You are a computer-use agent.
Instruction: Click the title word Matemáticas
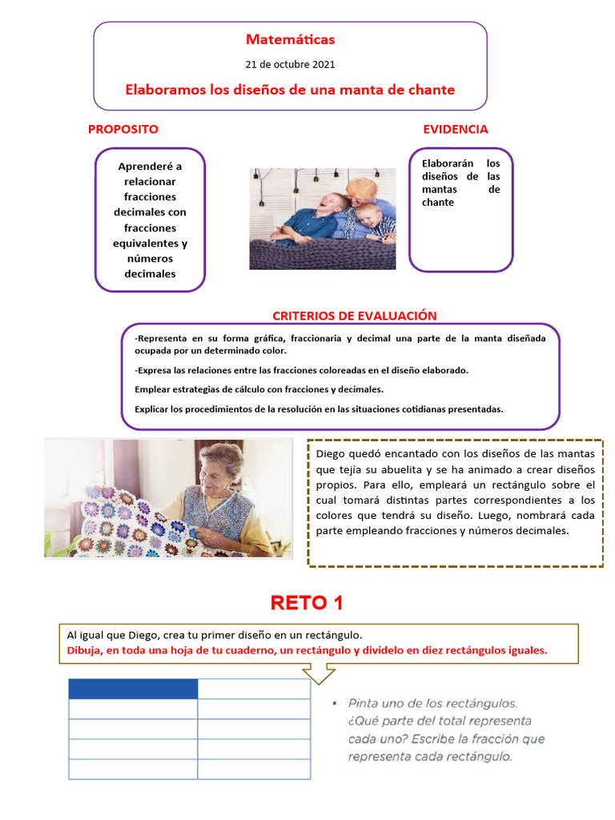pos(290,39)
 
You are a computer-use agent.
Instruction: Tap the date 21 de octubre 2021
pos(290,64)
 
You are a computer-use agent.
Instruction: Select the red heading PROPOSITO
pos(123,129)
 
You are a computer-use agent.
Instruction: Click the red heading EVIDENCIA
pos(455,129)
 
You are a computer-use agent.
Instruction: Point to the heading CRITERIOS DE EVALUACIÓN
pos(354,316)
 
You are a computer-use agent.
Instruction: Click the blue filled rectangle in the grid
pos(133,689)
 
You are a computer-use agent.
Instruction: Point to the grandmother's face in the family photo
pos(361,191)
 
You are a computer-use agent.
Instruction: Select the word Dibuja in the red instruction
pos(84,650)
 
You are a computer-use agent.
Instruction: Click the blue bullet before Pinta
pos(334,704)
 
